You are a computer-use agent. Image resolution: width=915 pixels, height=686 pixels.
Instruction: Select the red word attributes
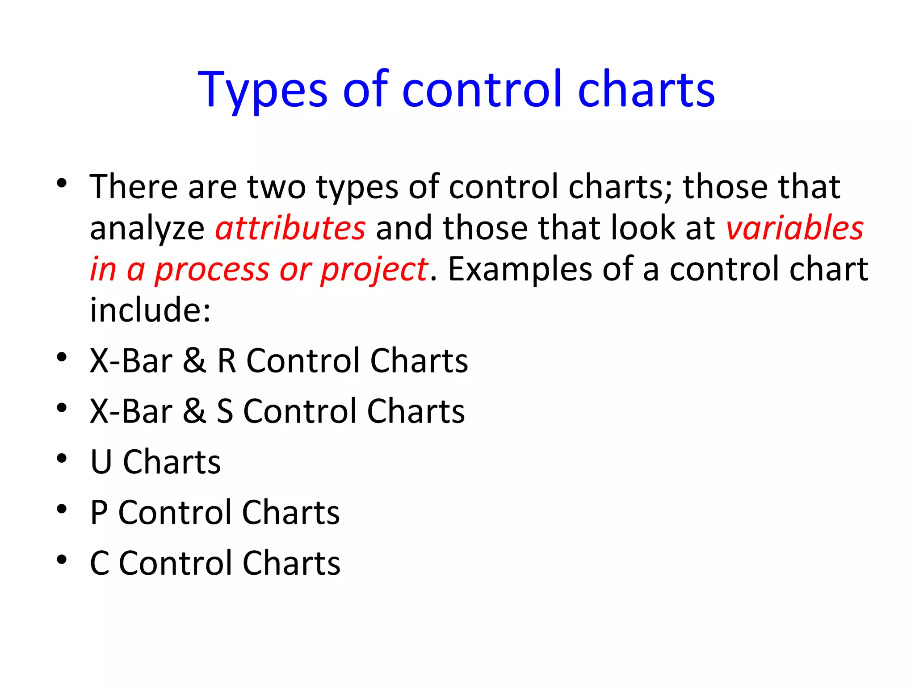click(290, 228)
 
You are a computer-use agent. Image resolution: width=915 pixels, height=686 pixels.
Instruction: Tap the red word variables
click(795, 228)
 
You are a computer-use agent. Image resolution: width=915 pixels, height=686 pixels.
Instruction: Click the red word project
click(374, 270)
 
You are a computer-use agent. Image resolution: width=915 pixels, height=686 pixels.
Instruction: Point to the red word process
click(212, 270)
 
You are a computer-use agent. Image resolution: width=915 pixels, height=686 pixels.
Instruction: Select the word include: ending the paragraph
click(150, 310)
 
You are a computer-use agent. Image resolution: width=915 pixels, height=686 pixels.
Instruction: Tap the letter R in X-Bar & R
click(227, 360)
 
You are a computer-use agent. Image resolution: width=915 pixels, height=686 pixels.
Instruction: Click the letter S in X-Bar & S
click(225, 411)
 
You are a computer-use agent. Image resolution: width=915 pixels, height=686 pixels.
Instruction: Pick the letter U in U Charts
click(101, 462)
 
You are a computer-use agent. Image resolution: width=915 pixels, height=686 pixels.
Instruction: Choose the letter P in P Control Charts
click(99, 512)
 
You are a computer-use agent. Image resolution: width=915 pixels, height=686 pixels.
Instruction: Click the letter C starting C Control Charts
click(100, 563)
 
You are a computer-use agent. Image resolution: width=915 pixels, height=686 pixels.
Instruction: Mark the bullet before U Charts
click(62, 458)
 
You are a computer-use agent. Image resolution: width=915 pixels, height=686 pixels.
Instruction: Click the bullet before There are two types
click(62, 183)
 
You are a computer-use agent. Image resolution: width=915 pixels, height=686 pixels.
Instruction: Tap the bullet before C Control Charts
click(62, 559)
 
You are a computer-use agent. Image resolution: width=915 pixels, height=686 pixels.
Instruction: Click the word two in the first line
click(277, 187)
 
